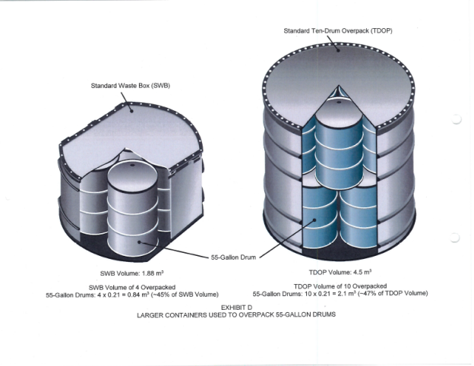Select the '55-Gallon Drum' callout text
point(232,258)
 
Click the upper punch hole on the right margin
point(455,120)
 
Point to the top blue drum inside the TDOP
point(337,140)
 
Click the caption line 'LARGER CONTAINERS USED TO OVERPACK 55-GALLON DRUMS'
point(235,314)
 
